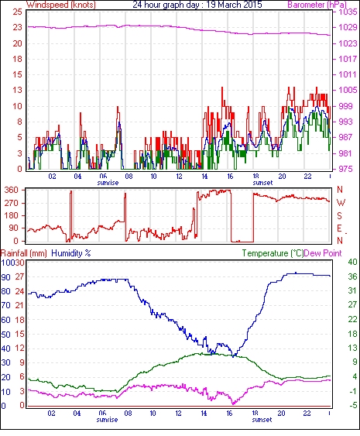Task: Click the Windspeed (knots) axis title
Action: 61,5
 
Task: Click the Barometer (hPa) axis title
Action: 317,5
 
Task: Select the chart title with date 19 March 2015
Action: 197,5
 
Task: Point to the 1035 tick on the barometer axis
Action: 348,12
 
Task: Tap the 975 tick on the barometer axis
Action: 345,169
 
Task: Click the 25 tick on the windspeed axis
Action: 17,12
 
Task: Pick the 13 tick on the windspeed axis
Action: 17,91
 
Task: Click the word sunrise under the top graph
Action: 108,183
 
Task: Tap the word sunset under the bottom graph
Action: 262,419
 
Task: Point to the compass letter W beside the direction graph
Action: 341,203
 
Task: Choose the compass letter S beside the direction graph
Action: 339,215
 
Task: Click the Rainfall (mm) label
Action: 24,253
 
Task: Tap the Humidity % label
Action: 71,253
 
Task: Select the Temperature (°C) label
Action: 273,253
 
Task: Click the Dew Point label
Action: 323,253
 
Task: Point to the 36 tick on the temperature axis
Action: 352,276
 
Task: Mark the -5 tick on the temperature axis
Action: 352,406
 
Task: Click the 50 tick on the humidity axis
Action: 5,335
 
